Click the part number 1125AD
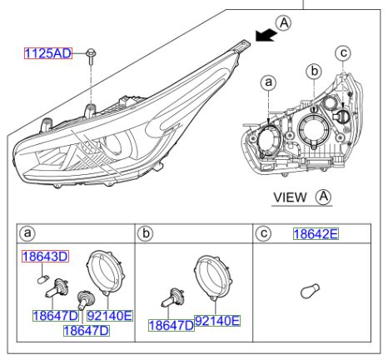(x=47, y=54)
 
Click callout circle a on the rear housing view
(x=267, y=82)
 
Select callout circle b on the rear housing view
(x=313, y=72)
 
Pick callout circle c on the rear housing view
(x=342, y=54)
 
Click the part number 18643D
(x=46, y=257)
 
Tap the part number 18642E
(x=315, y=234)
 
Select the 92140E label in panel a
(x=110, y=316)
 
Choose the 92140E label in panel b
(x=216, y=320)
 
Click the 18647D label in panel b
(x=171, y=325)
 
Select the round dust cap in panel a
(x=105, y=273)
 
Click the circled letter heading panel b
(x=147, y=235)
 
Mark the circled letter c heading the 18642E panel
(x=263, y=234)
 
